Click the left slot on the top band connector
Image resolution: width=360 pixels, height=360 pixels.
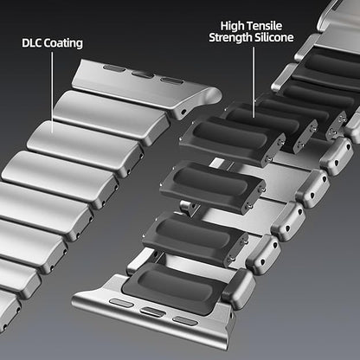113,68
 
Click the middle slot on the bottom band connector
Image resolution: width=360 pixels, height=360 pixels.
154,312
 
